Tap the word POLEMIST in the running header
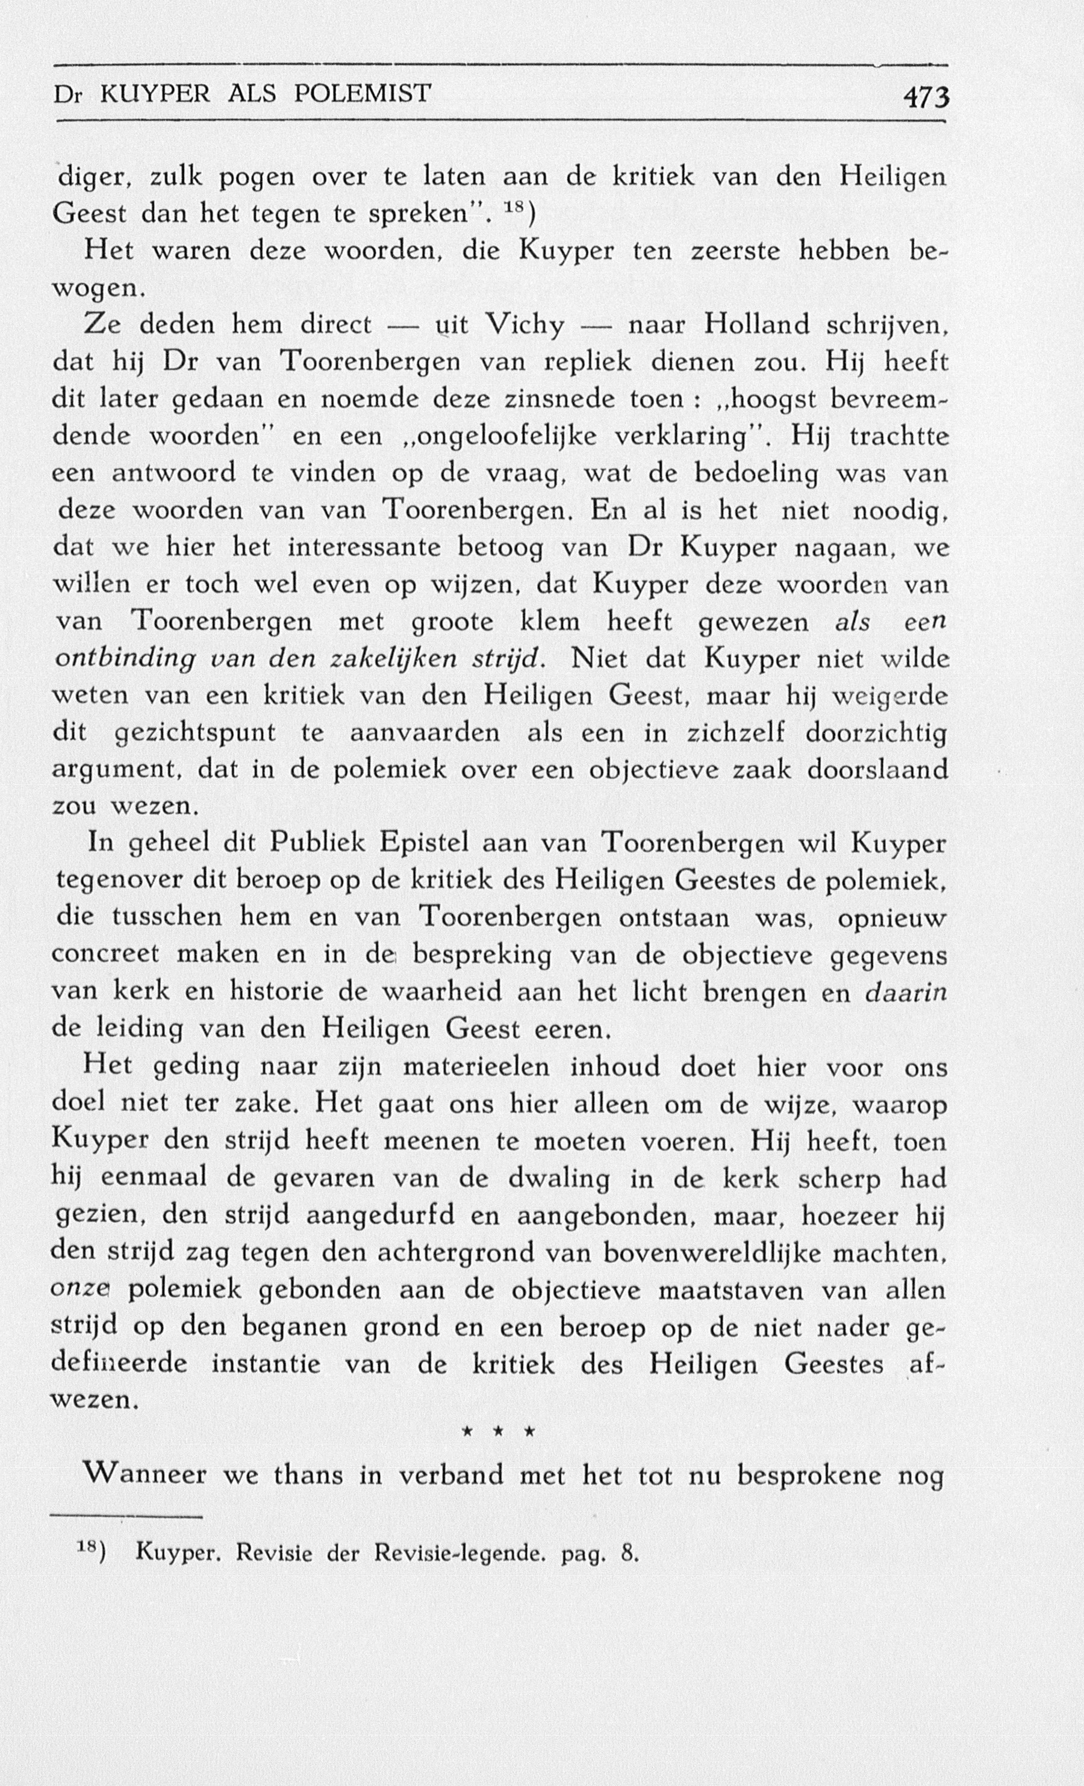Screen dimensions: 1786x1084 click(363, 93)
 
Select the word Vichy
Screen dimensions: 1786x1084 click(525, 325)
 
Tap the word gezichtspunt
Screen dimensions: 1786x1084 click(196, 734)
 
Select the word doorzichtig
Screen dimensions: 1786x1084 click(875, 734)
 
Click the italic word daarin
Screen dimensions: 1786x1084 click(906, 991)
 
